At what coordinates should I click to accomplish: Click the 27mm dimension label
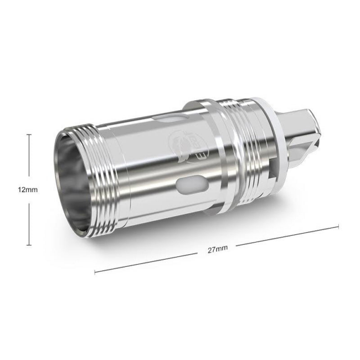218,249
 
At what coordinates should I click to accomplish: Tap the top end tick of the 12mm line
29,134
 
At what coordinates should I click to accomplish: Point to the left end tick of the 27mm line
95,272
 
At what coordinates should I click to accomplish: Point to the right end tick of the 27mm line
338,226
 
